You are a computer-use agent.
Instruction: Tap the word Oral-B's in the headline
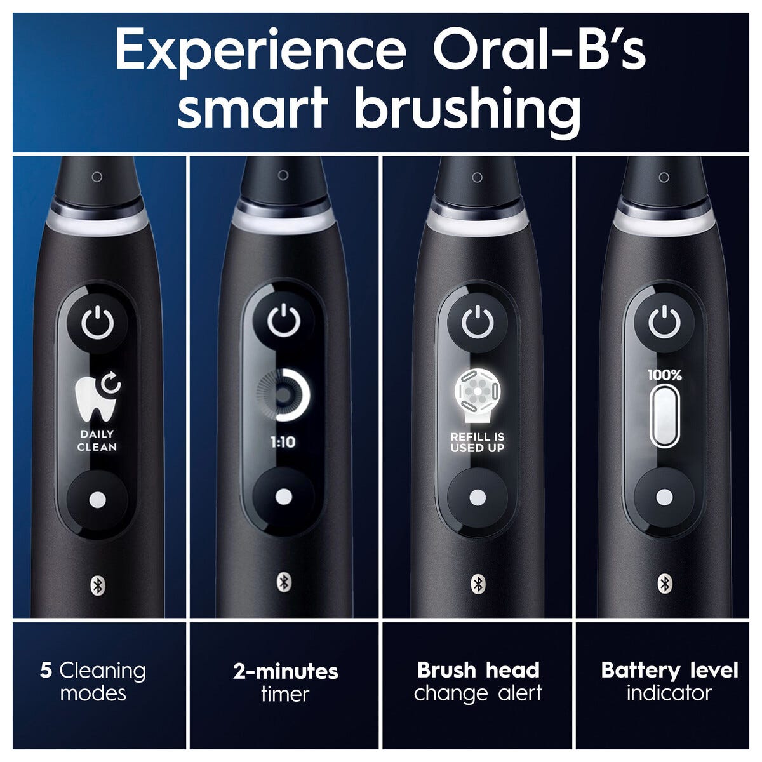click(x=540, y=49)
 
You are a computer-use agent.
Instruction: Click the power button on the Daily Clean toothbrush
click(x=98, y=323)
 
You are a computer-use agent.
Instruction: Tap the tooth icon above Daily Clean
click(x=98, y=397)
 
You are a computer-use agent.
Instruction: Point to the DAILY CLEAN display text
click(x=97, y=441)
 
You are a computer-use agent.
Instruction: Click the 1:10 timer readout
click(x=283, y=442)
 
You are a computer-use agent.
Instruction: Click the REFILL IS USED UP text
click(x=478, y=442)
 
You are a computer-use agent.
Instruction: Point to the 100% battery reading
click(x=665, y=375)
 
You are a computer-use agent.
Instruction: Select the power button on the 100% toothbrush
click(x=664, y=323)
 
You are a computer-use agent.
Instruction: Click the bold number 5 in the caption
click(x=46, y=671)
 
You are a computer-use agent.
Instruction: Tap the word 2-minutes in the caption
click(x=286, y=671)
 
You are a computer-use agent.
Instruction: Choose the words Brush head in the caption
click(x=478, y=671)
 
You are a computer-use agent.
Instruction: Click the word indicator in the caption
click(x=669, y=693)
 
